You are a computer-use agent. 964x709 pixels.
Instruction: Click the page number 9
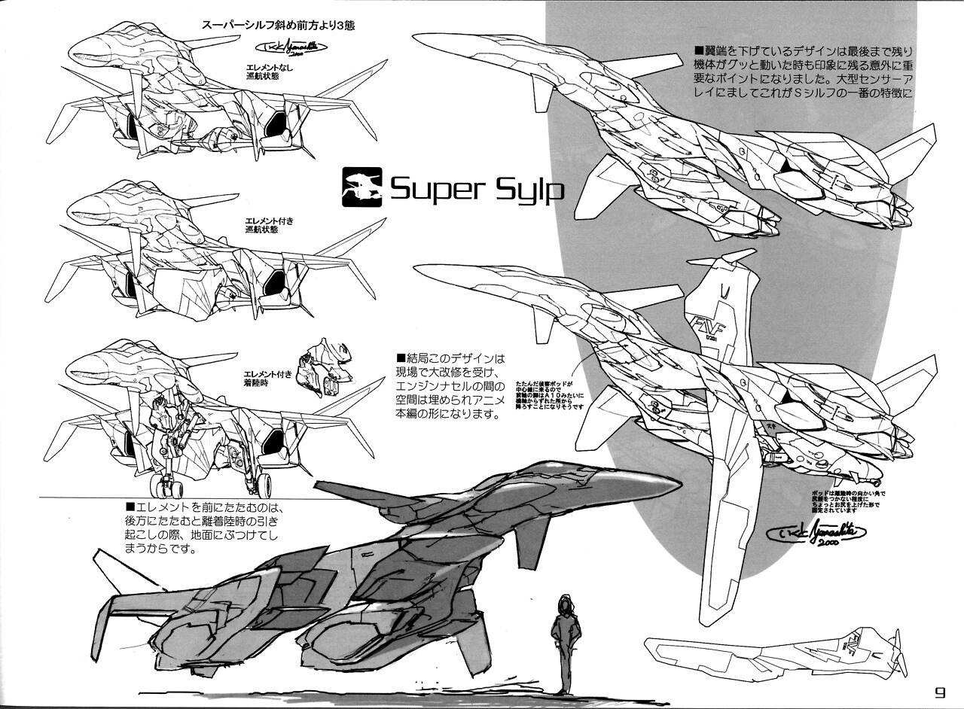(x=939, y=692)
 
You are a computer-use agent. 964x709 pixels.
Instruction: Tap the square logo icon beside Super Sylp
(x=361, y=187)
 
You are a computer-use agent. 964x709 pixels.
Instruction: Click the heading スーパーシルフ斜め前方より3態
(x=278, y=24)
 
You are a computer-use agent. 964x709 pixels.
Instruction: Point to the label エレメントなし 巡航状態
(x=264, y=72)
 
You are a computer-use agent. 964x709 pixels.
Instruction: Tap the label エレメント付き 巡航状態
(x=262, y=224)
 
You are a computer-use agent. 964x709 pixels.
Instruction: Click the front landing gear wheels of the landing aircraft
(x=164, y=485)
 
